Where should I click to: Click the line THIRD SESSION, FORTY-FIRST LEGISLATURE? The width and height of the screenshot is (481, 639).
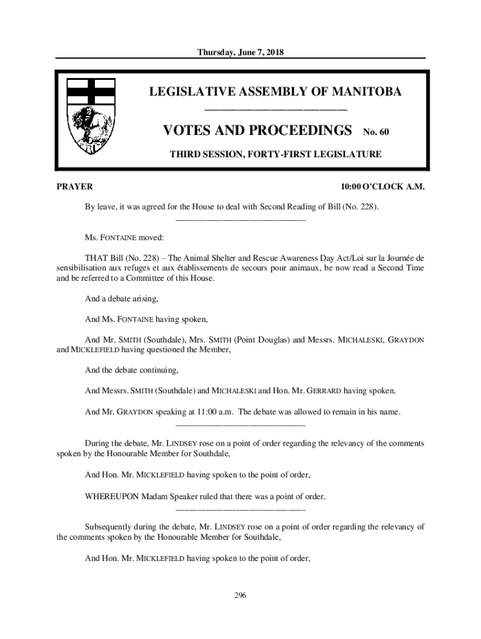[x=275, y=154]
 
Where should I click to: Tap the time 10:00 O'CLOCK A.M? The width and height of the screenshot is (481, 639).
[x=382, y=187]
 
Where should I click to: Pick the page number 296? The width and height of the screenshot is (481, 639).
[x=241, y=595]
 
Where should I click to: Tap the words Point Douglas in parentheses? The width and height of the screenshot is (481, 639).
[x=260, y=339]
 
